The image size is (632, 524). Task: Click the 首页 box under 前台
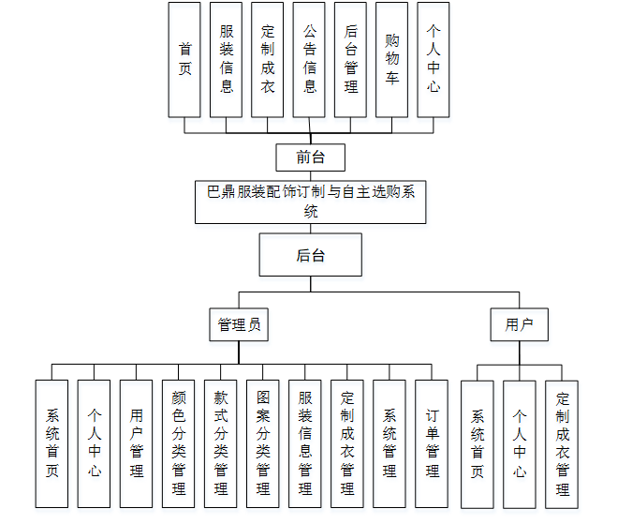[x=184, y=59]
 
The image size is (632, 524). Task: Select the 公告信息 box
[x=309, y=59]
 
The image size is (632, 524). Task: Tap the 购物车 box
[x=391, y=59]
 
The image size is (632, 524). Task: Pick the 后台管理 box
[x=350, y=59]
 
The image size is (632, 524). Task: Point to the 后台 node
[x=311, y=255]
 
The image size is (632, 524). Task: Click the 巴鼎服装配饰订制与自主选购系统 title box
[x=311, y=202]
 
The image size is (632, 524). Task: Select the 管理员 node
[x=239, y=324]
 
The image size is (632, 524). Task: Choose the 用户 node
[x=519, y=324]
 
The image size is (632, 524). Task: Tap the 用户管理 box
[x=136, y=443]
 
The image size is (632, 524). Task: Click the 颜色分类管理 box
[x=178, y=443]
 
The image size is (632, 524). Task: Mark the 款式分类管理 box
[x=220, y=443]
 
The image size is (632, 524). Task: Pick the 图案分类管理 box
[x=262, y=443]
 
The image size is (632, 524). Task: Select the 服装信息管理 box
[x=304, y=443]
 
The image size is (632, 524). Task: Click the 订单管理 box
[x=432, y=443]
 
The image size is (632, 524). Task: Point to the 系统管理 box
[x=389, y=443]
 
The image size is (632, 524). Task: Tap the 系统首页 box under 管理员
[x=51, y=443]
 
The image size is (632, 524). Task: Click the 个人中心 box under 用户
[x=519, y=443]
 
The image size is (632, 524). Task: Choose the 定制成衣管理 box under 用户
[x=562, y=443]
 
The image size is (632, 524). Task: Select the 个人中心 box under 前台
[x=433, y=59]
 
